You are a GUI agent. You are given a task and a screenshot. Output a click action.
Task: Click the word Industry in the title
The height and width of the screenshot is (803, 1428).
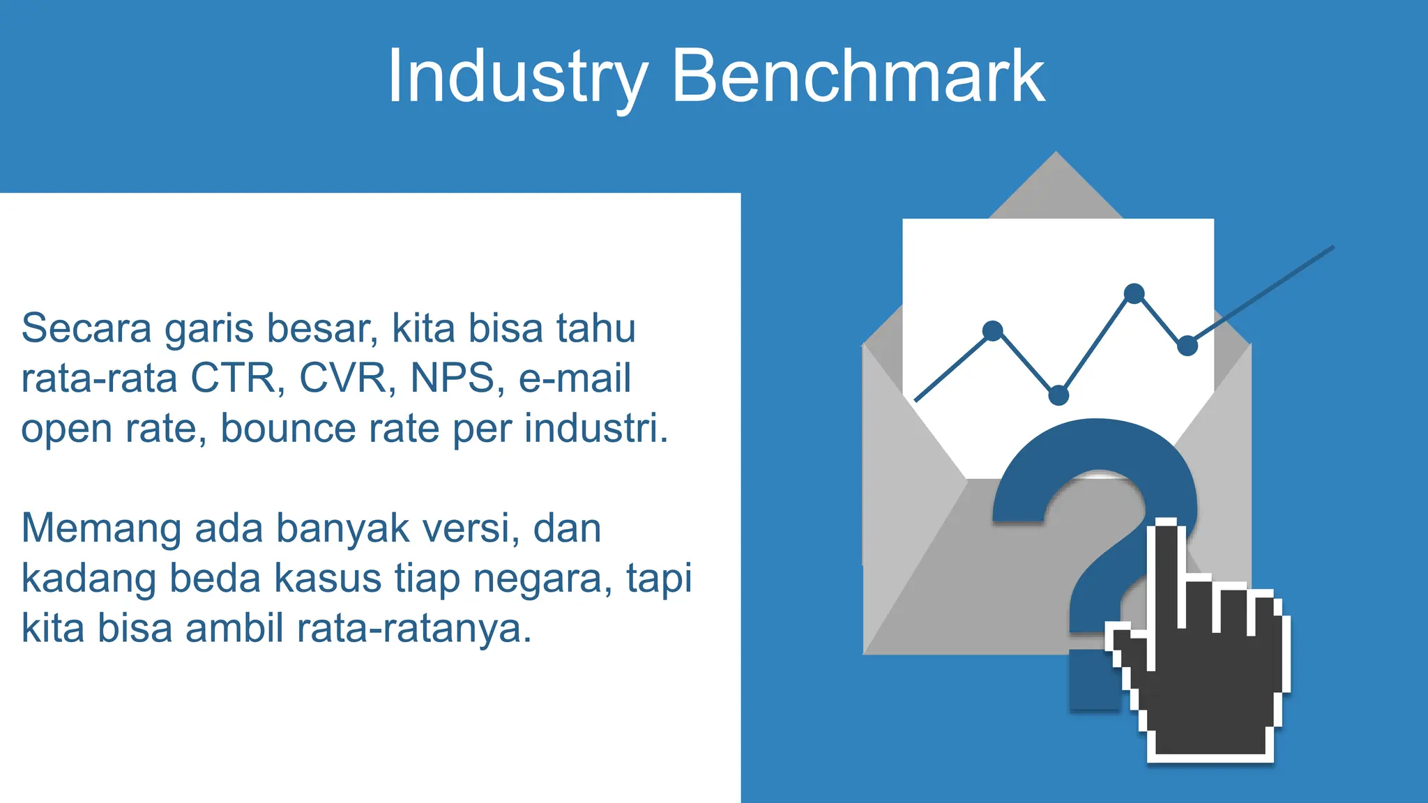click(x=517, y=77)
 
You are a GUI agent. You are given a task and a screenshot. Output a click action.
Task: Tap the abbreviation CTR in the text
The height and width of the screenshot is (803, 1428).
click(x=233, y=378)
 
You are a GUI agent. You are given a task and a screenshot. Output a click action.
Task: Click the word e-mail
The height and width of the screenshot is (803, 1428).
click(x=575, y=378)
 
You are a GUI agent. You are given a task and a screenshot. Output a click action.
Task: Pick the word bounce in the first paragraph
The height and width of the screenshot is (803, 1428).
click(x=288, y=428)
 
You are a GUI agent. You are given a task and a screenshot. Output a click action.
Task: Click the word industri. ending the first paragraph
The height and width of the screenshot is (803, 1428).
click(x=596, y=428)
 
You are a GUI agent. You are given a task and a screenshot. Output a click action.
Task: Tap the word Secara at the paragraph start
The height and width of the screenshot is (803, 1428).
click(x=86, y=328)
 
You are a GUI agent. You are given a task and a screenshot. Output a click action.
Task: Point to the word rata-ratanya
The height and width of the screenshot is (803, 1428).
click(x=414, y=629)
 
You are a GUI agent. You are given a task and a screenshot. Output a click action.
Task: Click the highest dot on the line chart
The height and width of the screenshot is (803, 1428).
click(x=1134, y=293)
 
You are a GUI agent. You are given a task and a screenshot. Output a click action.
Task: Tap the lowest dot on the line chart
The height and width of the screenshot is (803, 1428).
click(x=1058, y=395)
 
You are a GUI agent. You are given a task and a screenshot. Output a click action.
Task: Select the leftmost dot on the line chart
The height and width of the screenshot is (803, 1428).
click(x=992, y=330)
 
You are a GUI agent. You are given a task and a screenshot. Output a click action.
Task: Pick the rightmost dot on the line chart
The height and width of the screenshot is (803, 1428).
click(x=1187, y=345)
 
